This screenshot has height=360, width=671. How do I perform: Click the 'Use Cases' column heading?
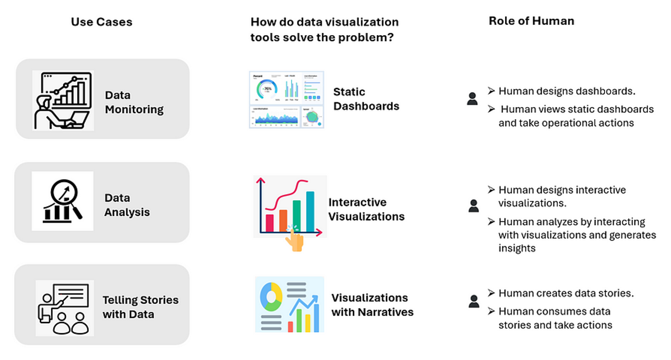102,22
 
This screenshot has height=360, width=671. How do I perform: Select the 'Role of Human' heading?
531,21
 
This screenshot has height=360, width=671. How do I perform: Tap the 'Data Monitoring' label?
134,102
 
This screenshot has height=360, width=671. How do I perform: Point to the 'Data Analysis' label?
127,205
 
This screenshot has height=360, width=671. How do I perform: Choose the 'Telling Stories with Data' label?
140,307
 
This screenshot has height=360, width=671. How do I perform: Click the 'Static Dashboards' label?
366,99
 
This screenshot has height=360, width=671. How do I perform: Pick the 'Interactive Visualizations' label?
366,209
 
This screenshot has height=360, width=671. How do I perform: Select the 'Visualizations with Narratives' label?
372,305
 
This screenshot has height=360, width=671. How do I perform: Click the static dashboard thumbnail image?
286,100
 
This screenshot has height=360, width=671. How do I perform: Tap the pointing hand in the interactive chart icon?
295,240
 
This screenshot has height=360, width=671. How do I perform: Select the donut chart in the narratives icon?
271,297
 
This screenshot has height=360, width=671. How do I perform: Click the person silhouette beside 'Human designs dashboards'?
472,99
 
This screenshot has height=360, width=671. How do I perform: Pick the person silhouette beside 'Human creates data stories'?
474,301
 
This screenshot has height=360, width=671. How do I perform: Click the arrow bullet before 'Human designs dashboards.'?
491,91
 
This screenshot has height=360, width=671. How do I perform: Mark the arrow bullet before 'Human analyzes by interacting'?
491,221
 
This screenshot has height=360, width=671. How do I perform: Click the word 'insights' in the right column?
517,248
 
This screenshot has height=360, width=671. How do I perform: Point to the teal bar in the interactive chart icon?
310,212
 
